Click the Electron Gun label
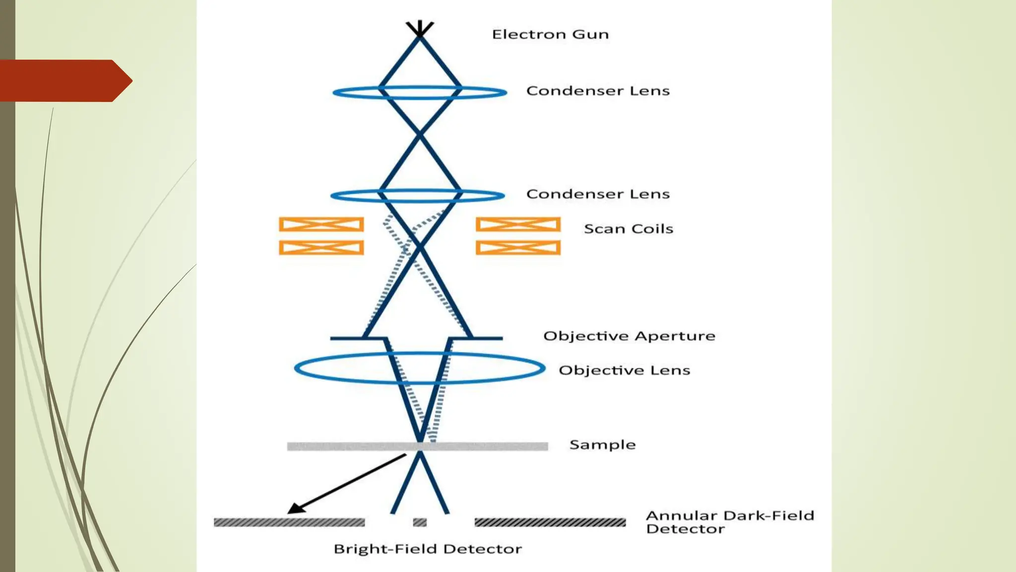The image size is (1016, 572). [550, 34]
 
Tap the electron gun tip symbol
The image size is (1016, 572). [420, 29]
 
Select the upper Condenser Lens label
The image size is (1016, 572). [597, 91]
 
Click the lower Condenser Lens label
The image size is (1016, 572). [597, 194]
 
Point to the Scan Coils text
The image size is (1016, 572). [628, 229]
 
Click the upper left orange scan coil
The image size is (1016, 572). [321, 224]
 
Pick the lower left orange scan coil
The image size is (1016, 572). [321, 247]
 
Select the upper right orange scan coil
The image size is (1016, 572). [518, 224]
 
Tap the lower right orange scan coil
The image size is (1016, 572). [518, 247]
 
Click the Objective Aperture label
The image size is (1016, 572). [629, 336]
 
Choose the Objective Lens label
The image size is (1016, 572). [624, 370]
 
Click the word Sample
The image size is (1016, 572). [602, 444]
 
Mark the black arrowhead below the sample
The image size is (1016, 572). [296, 508]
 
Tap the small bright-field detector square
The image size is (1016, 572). [420, 522]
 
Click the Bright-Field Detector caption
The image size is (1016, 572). [428, 549]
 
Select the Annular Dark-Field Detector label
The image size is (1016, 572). [729, 522]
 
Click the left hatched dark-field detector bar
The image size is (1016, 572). [289, 522]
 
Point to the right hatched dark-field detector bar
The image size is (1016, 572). [550, 522]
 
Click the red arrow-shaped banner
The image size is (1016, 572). [62, 80]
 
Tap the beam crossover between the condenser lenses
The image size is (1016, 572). [420, 134]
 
